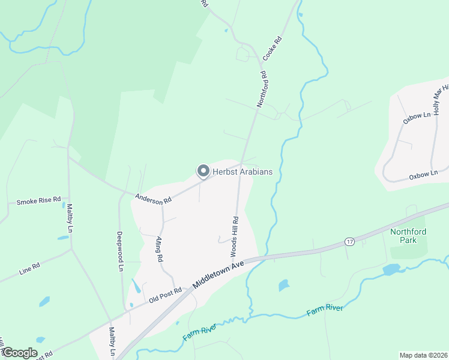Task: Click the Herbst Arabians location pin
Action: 203,172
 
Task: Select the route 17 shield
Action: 349,241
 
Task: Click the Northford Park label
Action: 408,236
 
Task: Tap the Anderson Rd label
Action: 153,199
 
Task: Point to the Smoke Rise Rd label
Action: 39,200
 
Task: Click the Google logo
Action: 19,352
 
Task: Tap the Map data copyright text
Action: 423,355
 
